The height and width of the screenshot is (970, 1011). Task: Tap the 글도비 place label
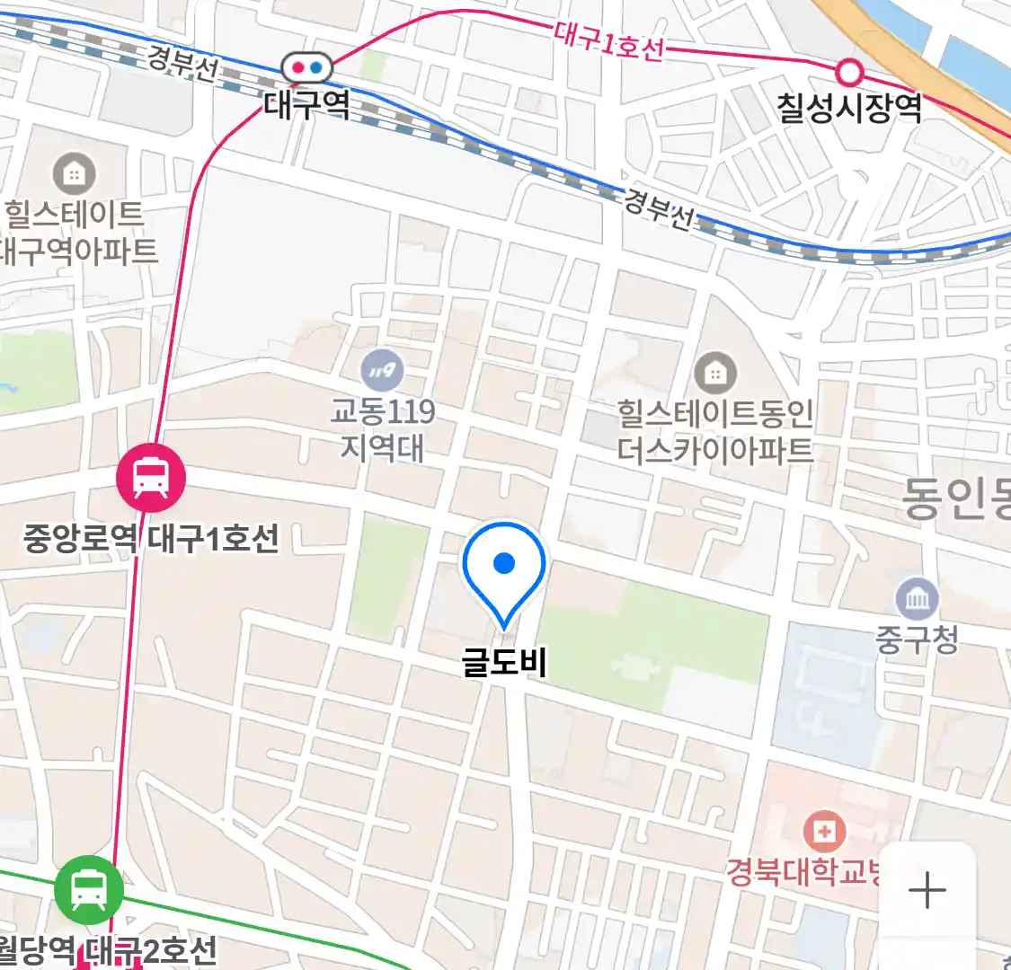click(504, 663)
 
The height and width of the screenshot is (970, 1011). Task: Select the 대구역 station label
click(306, 105)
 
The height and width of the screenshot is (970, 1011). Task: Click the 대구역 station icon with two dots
click(306, 67)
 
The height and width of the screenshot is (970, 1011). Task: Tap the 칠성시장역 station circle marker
click(849, 72)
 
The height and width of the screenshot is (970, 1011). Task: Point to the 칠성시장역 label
click(849, 108)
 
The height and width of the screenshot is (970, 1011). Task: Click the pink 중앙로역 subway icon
click(150, 477)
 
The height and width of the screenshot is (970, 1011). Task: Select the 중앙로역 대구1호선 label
click(151, 539)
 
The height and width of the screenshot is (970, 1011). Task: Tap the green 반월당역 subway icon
click(88, 890)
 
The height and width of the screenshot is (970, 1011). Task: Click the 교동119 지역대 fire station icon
click(382, 370)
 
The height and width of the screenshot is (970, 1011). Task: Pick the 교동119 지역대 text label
click(382, 429)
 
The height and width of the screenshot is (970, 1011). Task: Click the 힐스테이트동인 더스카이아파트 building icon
click(715, 373)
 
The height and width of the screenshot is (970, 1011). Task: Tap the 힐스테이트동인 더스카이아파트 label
click(715, 431)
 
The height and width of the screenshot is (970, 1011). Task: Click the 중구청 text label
click(917, 639)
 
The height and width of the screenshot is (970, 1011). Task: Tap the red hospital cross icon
click(823, 832)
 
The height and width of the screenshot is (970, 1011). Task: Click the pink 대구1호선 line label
click(608, 41)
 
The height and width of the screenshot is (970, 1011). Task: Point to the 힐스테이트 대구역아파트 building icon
click(75, 173)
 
